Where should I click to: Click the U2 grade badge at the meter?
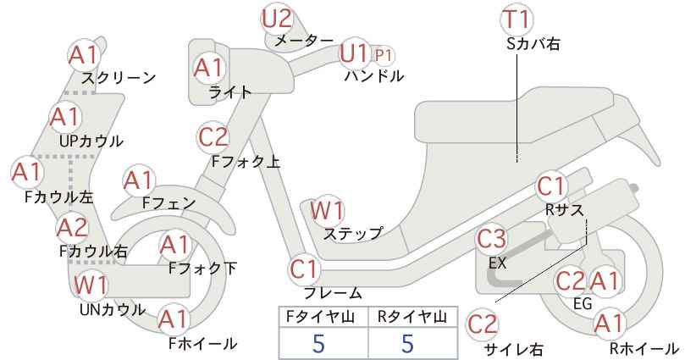pos(277,19)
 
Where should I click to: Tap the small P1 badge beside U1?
pos(384,56)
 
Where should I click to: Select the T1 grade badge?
pos(516,19)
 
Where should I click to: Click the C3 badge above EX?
pos(491,239)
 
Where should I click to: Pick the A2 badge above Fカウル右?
pos(73,228)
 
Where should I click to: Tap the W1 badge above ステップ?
pos(328,210)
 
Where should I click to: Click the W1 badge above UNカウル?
pos(91,285)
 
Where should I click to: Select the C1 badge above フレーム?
pos(305,269)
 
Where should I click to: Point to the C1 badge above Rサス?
pos(551,187)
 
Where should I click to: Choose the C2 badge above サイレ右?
pos(483,324)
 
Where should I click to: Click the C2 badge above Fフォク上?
pos(213,137)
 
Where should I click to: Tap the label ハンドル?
pos(374,76)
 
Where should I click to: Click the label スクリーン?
pos(119,78)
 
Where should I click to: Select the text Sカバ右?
pos(533,43)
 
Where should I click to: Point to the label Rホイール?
pos(644,348)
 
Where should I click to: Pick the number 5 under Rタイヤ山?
pos(407,343)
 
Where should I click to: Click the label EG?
pos(583,303)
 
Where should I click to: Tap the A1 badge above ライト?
pos(208,69)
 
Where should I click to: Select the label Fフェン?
pos(169,202)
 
